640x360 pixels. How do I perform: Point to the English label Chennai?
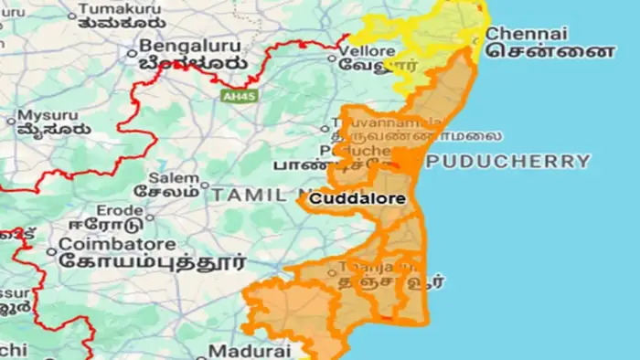click(518, 33)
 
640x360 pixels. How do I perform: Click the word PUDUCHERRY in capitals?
click(508, 161)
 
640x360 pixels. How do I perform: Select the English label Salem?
click(178, 176)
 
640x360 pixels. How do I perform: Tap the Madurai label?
click(249, 351)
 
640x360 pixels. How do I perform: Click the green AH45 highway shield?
click(234, 94)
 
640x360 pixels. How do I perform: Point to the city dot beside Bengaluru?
click(144, 45)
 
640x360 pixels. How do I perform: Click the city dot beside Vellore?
click(333, 58)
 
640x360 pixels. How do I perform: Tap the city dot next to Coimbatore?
click(52, 246)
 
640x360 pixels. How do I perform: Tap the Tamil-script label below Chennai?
click(550, 52)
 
